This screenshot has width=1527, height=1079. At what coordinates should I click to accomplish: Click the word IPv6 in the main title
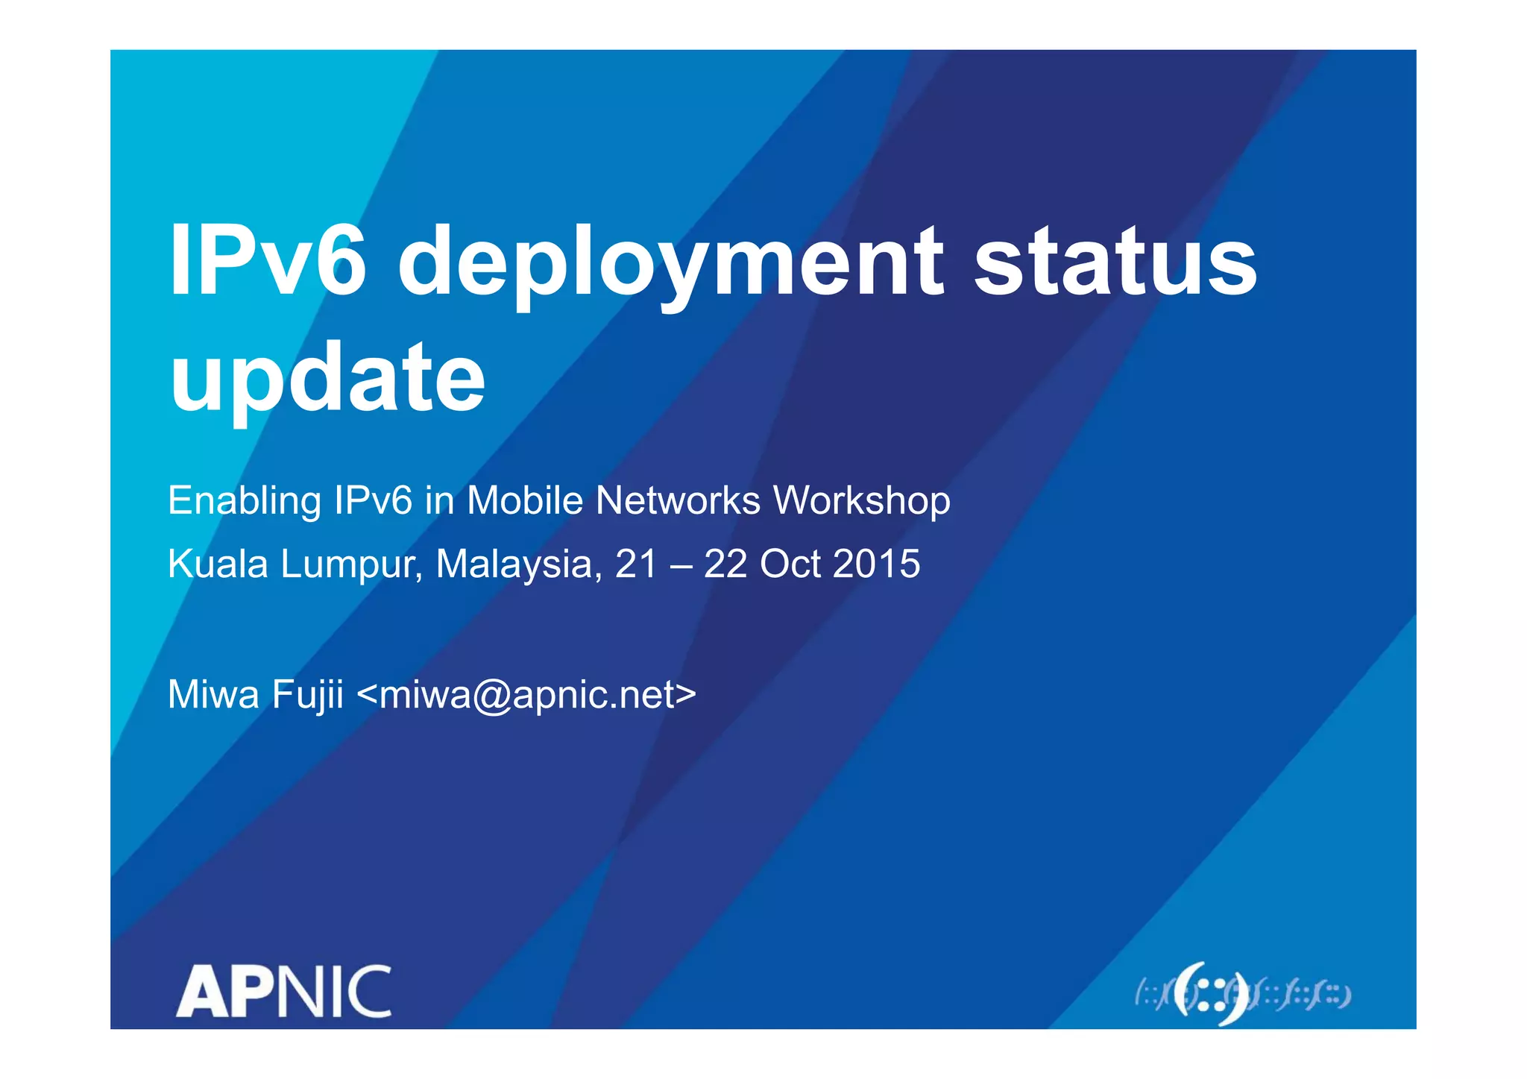click(268, 261)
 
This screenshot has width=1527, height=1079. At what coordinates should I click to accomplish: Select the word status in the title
click(1115, 261)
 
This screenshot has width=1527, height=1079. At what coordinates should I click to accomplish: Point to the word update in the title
click(327, 380)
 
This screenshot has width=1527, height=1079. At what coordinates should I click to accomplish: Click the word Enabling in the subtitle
click(244, 501)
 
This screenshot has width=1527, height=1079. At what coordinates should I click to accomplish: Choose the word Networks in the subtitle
click(678, 500)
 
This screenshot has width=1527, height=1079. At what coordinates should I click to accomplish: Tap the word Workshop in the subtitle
click(862, 501)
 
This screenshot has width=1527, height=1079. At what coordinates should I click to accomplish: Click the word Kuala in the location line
click(218, 564)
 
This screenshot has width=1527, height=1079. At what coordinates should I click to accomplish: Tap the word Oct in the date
click(790, 564)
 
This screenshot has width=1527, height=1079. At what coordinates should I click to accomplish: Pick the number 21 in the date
click(635, 564)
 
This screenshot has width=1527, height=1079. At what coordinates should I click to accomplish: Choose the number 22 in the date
click(725, 564)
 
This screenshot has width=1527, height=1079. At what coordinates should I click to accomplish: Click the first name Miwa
click(213, 694)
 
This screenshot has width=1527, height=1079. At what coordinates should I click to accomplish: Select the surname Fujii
click(307, 696)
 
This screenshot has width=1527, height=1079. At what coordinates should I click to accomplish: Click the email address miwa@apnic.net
click(526, 696)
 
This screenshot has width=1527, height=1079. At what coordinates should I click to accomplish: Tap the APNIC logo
click(284, 991)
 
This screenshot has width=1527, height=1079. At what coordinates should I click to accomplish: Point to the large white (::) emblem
click(1211, 994)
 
